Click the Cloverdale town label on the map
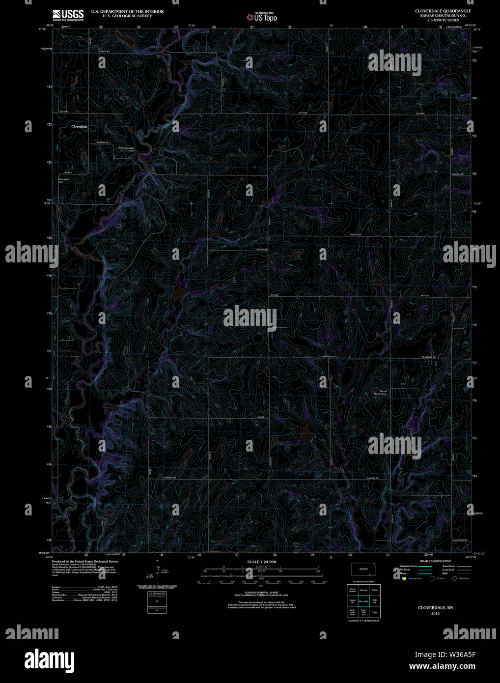pos(79,127)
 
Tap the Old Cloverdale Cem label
pos(126,148)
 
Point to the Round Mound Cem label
pos(381,393)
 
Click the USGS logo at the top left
pos(68,14)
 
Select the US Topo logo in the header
pos(262,17)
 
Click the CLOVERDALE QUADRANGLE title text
pos(443,11)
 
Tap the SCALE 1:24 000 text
pos(261,562)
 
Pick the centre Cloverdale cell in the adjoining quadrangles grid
pos(363,601)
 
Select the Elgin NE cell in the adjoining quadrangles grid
pos(375,601)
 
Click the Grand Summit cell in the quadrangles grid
pos(352,590)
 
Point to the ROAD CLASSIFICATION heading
pos(435,561)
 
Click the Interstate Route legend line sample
pos(425,567)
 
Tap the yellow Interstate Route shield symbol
pos(404,578)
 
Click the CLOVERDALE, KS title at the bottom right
pos(435,608)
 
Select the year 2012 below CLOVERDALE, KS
pos(435,614)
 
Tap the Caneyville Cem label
pos(64,180)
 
